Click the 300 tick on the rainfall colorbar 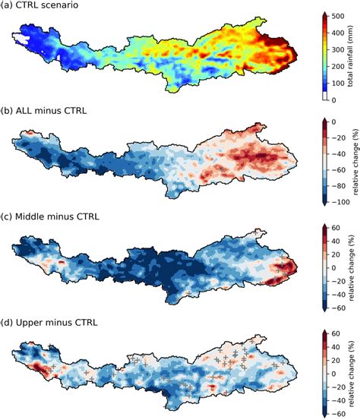pos(339,48)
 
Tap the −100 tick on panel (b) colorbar pos(341,201)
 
